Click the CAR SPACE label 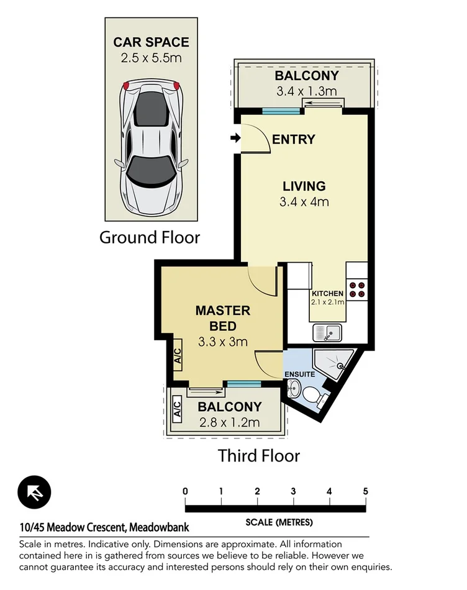(x=151, y=43)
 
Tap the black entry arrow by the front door (x=234, y=138)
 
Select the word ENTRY (x=294, y=139)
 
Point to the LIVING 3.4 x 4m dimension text (x=304, y=201)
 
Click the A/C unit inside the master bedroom (x=176, y=356)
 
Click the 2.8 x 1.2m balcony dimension (x=229, y=423)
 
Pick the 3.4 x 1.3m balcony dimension (x=307, y=92)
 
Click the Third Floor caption (x=258, y=456)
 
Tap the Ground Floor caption (x=150, y=237)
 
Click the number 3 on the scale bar (x=293, y=491)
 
